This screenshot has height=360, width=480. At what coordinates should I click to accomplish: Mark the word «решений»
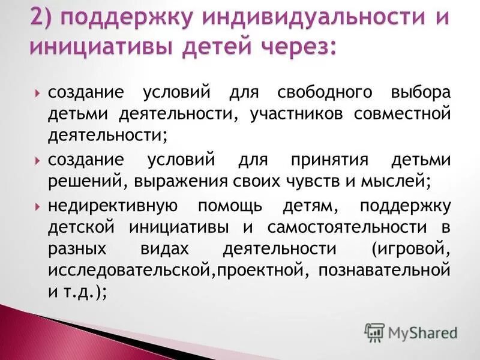pos(83,180)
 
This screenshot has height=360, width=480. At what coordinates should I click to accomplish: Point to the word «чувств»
pos(291,180)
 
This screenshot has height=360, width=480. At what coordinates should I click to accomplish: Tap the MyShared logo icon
pos(374,332)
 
